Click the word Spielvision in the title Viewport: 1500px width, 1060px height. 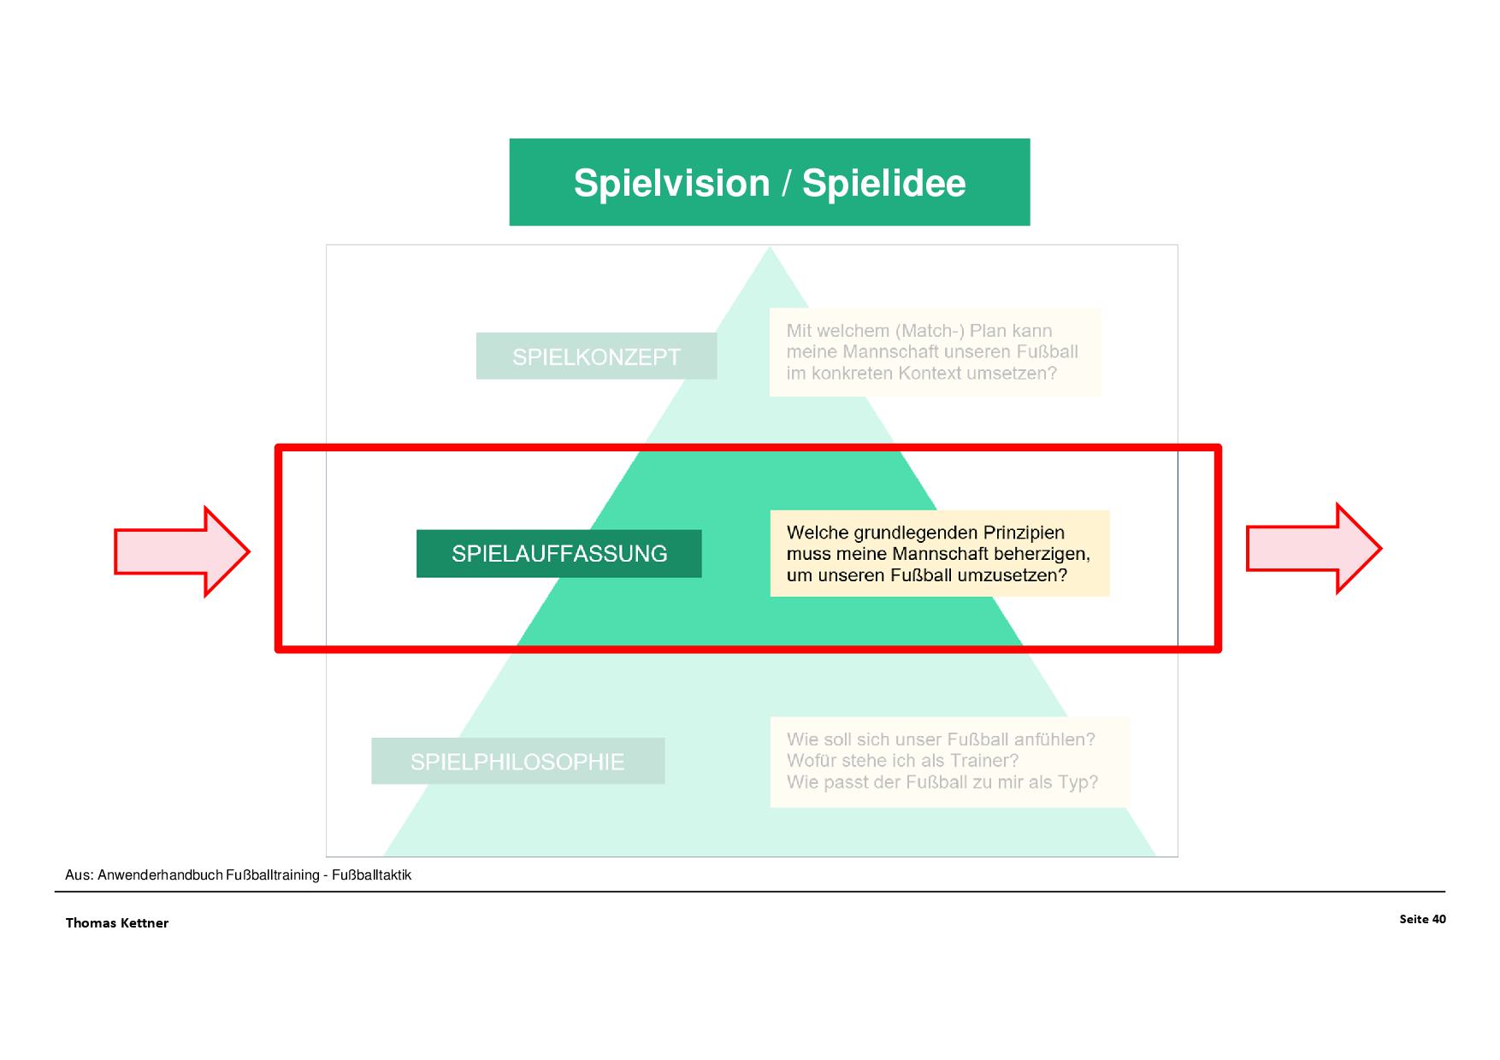(x=671, y=184)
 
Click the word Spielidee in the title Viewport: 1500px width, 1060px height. (x=883, y=184)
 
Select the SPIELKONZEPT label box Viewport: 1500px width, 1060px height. (x=596, y=356)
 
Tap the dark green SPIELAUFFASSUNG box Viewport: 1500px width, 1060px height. (x=559, y=554)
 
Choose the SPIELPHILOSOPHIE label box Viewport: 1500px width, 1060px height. (x=517, y=762)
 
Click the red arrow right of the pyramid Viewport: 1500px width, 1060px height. (x=1313, y=548)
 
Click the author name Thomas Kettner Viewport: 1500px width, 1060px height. (x=117, y=923)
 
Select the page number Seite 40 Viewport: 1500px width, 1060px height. (x=1422, y=919)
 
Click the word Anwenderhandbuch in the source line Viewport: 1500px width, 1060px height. (x=160, y=875)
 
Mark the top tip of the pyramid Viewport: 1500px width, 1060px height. (x=770, y=249)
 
